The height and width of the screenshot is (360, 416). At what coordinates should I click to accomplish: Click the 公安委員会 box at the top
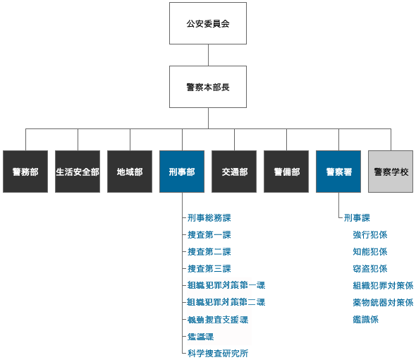pos(208,23)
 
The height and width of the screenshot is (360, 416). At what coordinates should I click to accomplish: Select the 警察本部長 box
pos(208,87)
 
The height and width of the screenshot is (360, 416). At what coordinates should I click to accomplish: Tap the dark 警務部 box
pos(25,172)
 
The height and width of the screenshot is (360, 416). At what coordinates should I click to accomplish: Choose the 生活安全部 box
pos(78,172)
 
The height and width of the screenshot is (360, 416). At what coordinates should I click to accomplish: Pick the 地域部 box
pos(130,172)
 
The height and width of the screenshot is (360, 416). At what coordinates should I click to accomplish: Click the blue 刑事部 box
pos(182,172)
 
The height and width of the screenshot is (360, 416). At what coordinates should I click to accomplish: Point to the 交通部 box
pos(234,172)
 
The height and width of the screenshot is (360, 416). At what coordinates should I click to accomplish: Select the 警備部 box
pos(286,172)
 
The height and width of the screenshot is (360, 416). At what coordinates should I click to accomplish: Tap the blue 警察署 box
pos(338,172)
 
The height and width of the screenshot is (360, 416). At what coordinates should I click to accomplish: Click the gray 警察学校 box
pos(391,172)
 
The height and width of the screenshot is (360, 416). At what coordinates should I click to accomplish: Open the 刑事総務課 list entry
pos(209,218)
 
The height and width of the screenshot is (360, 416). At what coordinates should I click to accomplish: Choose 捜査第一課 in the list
pos(209,235)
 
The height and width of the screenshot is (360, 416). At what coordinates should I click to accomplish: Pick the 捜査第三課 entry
pos(209,269)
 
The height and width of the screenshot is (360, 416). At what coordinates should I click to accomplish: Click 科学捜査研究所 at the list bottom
pos(217,354)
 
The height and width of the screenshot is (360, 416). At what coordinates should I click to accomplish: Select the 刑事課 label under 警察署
pos(357,218)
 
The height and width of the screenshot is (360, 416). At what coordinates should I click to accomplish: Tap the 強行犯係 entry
pos(369,235)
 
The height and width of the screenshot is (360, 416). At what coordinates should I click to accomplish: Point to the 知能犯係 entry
pos(369,252)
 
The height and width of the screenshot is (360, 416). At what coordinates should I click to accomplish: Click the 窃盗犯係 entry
pos(369,269)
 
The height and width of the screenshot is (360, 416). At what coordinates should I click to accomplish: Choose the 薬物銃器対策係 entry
pos(383,303)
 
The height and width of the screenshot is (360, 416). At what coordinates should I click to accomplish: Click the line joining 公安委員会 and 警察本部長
pos(208,55)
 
